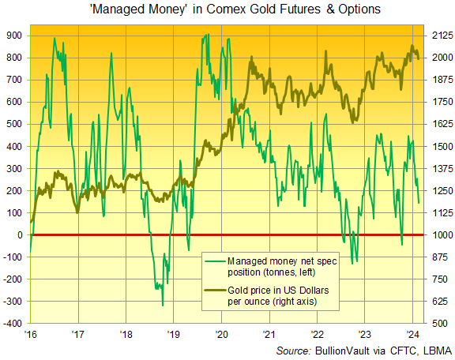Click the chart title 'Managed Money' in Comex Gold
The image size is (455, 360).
click(227, 9)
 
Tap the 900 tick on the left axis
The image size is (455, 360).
click(15, 36)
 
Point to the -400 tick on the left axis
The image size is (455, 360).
click(12, 324)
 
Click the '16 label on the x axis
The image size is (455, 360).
click(30, 334)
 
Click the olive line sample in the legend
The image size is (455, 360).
click(213, 292)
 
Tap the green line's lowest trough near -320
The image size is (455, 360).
click(163, 306)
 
